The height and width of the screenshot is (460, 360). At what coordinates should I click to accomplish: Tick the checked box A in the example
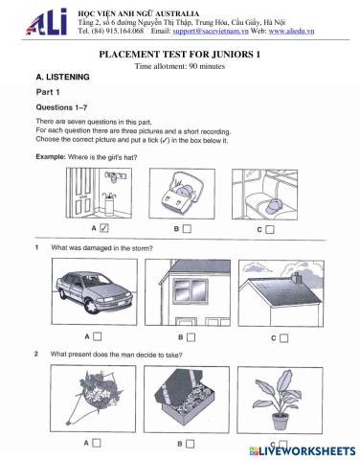coord(103,229)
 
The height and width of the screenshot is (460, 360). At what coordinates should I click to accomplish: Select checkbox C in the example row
coord(271,229)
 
